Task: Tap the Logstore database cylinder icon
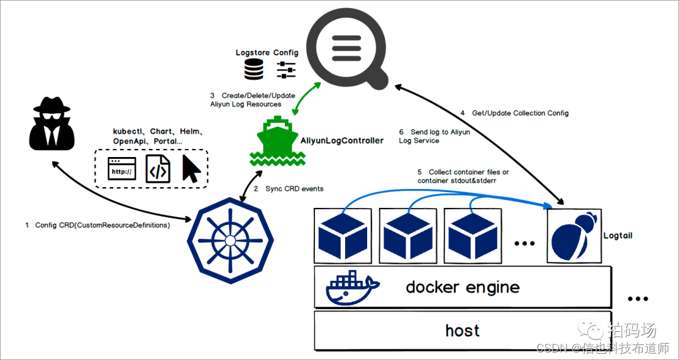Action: click(x=254, y=70)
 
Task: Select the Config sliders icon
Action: click(x=286, y=70)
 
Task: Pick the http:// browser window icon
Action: click(x=122, y=168)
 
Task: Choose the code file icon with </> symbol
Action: click(x=158, y=169)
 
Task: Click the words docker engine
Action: click(x=463, y=288)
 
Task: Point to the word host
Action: click(x=463, y=330)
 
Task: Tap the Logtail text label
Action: click(x=617, y=236)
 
